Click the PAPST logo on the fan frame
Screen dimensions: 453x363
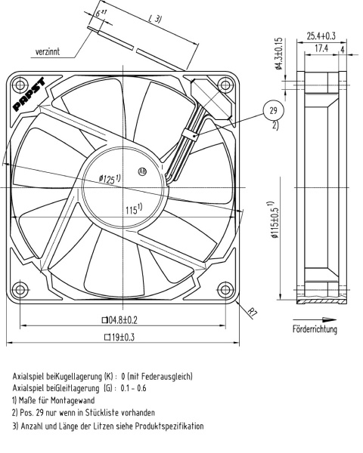[30, 94]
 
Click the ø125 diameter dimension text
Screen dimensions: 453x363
[110, 179]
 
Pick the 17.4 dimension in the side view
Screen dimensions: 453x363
[321, 48]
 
